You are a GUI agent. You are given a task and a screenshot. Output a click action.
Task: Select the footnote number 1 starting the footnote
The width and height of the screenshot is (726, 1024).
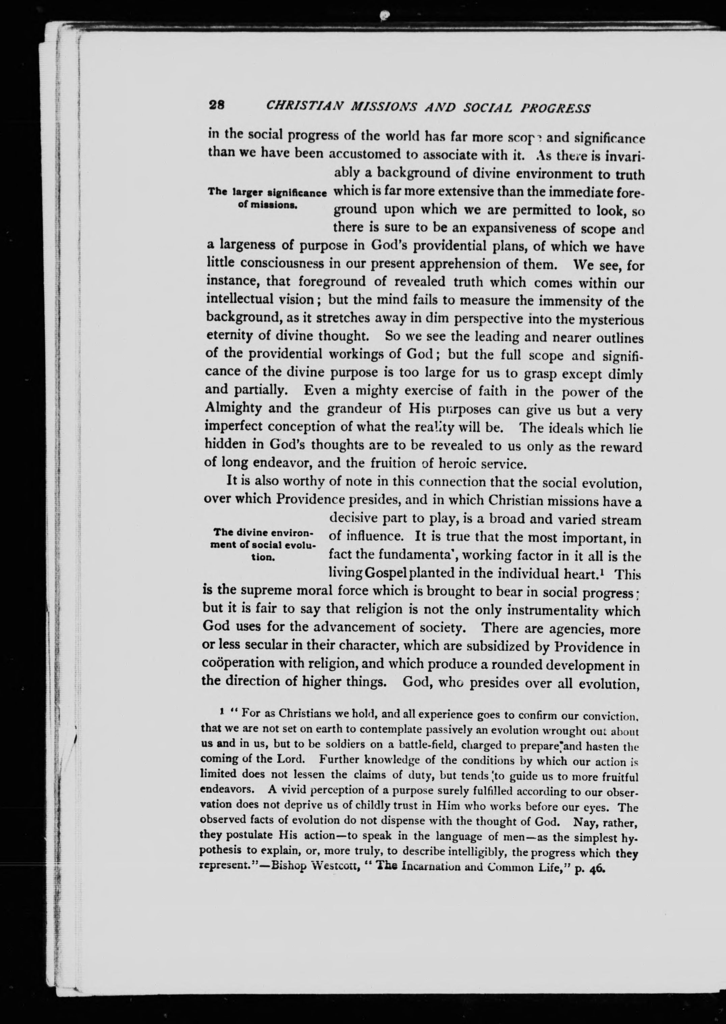216,711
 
